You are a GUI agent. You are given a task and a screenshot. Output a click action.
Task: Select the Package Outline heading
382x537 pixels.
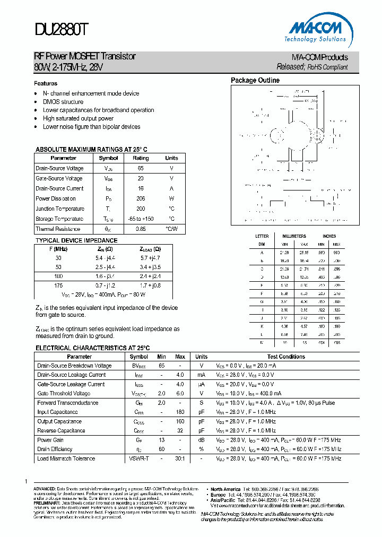pyautogui.click(x=255, y=81)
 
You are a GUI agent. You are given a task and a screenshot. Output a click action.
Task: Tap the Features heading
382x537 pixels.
pyautogui.click(x=46, y=84)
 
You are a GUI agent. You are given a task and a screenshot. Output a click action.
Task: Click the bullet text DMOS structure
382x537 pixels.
pyautogui.click(x=63, y=102)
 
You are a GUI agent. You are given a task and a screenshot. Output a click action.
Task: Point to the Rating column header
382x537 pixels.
pyautogui.click(x=141, y=158)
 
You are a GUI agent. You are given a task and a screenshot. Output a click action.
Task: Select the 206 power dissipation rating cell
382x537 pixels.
pyautogui.click(x=141, y=198)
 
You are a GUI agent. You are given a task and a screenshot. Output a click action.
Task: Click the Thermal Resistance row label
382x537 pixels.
pyautogui.click(x=58, y=229)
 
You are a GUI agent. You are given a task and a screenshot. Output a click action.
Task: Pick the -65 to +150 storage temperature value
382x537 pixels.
pyautogui.click(x=141, y=219)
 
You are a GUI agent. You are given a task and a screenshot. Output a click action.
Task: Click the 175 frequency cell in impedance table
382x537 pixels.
pyautogui.click(x=58, y=285)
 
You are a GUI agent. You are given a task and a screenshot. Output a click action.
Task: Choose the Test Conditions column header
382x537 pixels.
pyautogui.click(x=286, y=357)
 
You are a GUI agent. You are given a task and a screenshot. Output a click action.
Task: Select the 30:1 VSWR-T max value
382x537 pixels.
pyautogui.click(x=180, y=458)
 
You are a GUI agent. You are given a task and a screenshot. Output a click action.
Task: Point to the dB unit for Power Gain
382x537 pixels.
pyautogui.click(x=201, y=440)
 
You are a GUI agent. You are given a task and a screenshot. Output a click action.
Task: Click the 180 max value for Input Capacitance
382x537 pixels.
pyautogui.click(x=180, y=412)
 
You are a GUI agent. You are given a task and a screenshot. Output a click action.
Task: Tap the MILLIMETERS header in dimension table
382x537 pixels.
pyautogui.click(x=294, y=236)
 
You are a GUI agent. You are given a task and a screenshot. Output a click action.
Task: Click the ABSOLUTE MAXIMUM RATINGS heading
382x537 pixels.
pyautogui.click(x=91, y=150)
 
